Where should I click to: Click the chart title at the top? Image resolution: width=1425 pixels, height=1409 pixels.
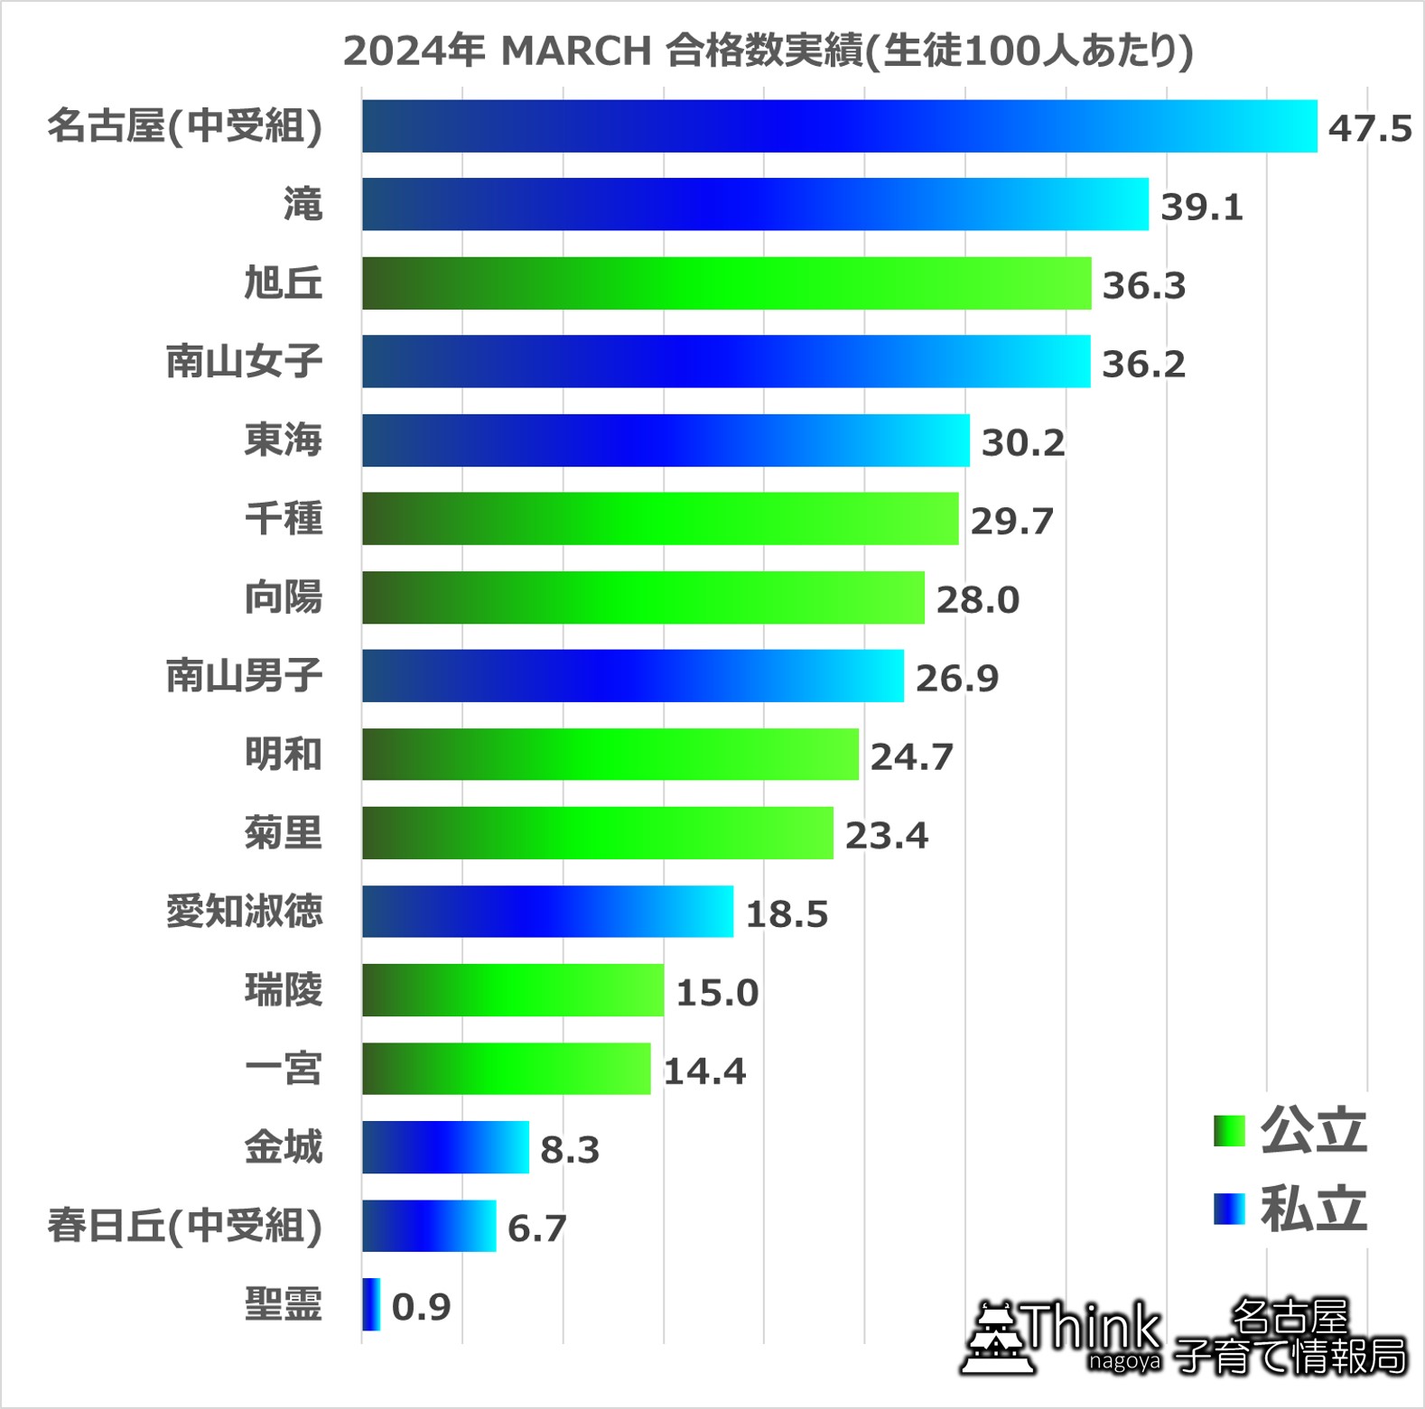click(768, 51)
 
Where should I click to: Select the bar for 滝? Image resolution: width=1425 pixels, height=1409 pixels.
click(755, 204)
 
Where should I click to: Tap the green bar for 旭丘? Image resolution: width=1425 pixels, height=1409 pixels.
click(726, 283)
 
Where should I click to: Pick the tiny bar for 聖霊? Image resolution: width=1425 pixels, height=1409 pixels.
click(371, 1304)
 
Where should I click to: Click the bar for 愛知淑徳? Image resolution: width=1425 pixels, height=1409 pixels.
click(547, 912)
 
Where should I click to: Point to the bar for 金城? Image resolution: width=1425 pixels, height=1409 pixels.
click(445, 1147)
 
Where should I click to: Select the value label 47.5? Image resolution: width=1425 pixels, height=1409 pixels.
click(1369, 128)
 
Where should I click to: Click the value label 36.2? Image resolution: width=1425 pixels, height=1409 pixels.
click(1143, 364)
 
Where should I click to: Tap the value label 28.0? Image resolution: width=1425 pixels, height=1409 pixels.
click(977, 599)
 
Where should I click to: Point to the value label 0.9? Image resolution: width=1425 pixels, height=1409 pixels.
click(421, 1306)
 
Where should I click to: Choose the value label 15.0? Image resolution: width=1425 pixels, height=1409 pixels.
click(717, 992)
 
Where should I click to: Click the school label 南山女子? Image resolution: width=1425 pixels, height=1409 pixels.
click(244, 361)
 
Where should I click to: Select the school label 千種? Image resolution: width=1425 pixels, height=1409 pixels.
click(283, 518)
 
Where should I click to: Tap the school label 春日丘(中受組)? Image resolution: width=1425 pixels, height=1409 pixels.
click(185, 1226)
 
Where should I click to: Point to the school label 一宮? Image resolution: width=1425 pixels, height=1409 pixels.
click(283, 1069)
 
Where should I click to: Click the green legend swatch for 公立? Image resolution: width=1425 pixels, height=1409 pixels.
click(1229, 1131)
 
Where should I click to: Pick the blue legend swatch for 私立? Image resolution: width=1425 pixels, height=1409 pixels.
click(1229, 1209)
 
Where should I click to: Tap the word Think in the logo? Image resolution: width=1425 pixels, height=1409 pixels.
click(1093, 1328)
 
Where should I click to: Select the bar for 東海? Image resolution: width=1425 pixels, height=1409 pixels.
click(666, 440)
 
